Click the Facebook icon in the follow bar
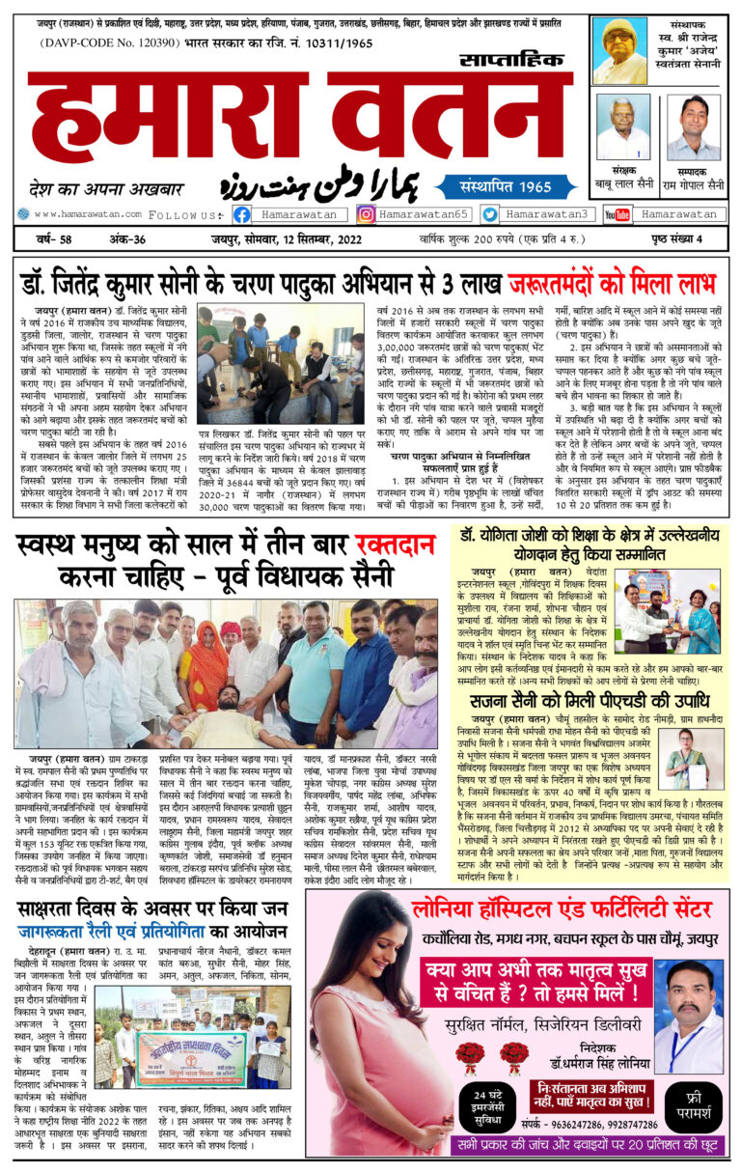242,214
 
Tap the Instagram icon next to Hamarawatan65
366,214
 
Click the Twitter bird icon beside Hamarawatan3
490,214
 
